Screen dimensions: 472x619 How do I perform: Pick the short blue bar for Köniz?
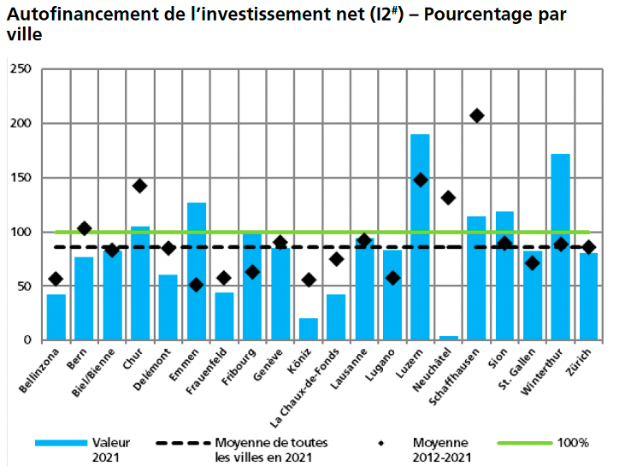point(309,329)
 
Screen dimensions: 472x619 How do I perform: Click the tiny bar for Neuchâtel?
point(448,338)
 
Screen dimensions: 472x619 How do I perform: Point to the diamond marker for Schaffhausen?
point(477,115)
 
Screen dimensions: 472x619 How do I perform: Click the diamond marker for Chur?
point(140,186)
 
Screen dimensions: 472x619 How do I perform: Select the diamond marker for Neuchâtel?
point(448,198)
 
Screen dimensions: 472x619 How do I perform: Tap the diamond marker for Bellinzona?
point(56,279)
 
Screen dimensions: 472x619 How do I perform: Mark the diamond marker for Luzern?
point(420,180)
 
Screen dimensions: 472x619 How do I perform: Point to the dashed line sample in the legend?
point(183,442)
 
